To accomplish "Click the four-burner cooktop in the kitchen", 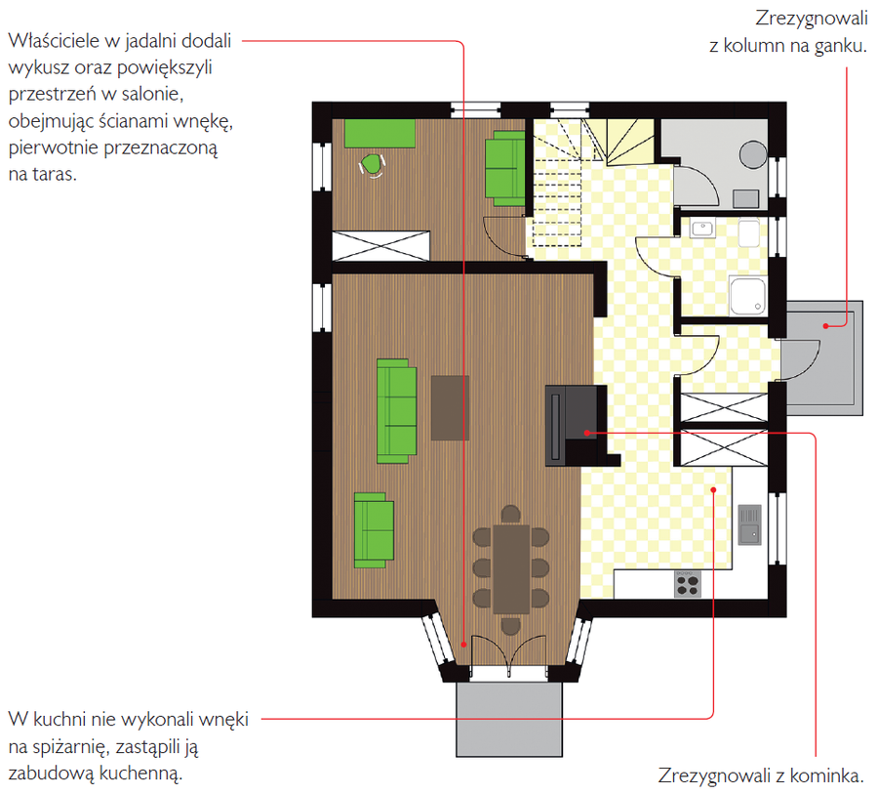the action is [688, 584].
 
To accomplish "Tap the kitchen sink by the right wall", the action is [750, 524].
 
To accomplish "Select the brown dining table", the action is [511, 569].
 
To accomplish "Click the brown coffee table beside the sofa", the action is [450, 407].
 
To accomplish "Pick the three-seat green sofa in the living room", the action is [396, 411].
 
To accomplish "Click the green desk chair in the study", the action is [372, 165].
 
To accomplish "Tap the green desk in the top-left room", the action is [379, 133].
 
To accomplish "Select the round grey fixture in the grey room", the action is [753, 153].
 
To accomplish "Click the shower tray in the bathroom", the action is [747, 296].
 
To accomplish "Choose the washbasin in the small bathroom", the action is [702, 229].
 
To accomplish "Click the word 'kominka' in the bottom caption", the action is [826, 775].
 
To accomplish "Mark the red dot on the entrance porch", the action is [825, 326].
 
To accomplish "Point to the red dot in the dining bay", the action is [463, 645].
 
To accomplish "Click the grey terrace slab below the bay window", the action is [509, 720].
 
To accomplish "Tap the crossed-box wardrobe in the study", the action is [380, 245].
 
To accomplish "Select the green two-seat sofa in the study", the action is [504, 168].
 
